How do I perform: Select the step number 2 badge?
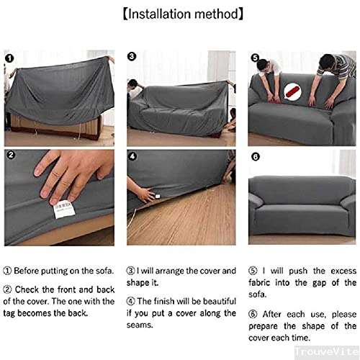tap(11, 156)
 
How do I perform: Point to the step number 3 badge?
tap(132, 56)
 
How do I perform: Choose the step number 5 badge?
tap(255, 58)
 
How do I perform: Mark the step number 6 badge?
tap(255, 156)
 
